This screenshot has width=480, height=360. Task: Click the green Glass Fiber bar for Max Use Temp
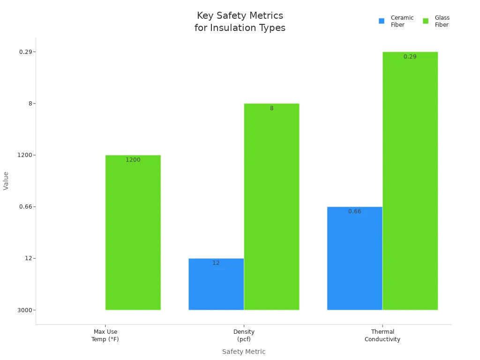[133, 234]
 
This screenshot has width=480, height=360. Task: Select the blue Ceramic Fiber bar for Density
[216, 286]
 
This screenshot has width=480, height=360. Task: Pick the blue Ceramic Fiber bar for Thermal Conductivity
[354, 260]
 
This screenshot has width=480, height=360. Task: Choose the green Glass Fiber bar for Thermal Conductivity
[410, 183]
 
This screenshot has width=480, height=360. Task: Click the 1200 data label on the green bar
[133, 160]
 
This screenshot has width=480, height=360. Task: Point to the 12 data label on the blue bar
[216, 263]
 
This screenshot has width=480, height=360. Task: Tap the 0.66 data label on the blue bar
[355, 211]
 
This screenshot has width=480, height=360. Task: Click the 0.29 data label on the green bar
[410, 57]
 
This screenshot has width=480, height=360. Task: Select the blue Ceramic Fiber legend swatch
[382, 21]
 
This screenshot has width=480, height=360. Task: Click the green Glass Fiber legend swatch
[426, 21]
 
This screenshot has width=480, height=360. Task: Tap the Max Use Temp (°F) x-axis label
[105, 336]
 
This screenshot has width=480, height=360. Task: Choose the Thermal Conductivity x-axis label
[382, 336]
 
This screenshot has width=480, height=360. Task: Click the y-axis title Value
[6, 180]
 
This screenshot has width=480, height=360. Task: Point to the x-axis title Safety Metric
[244, 352]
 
